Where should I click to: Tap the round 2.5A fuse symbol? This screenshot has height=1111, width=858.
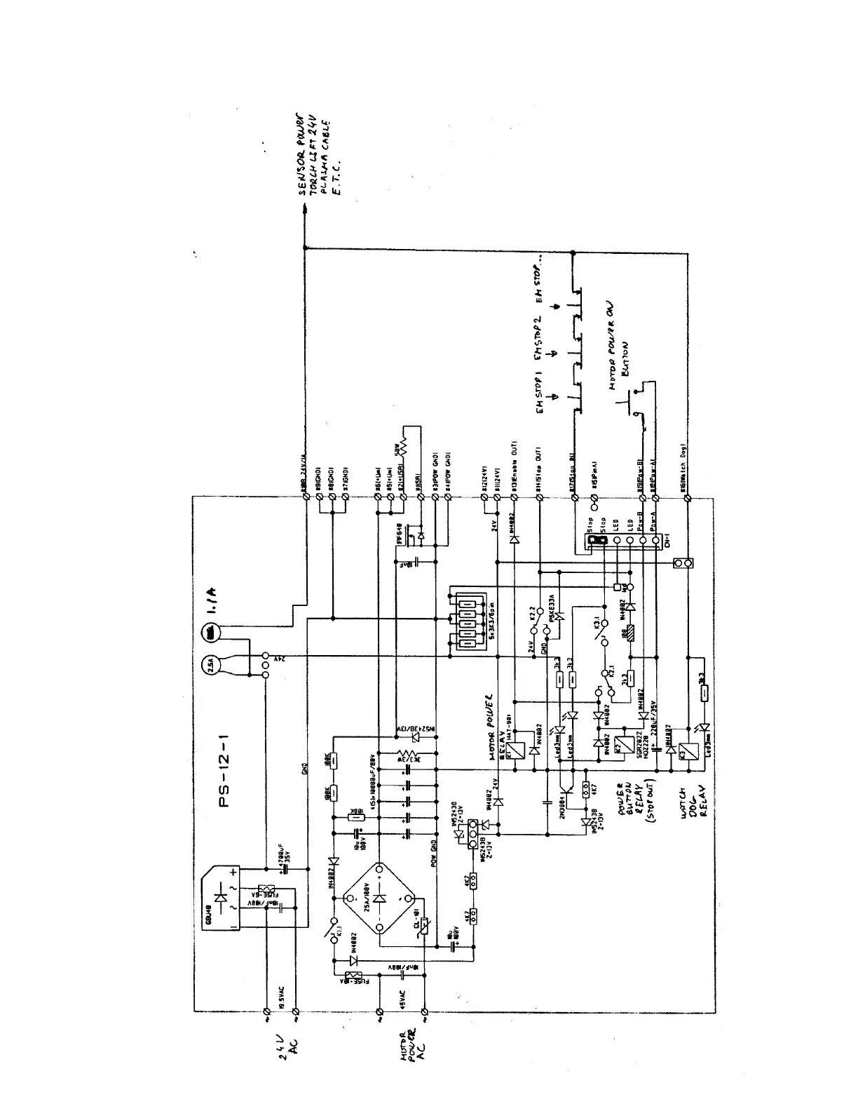point(211,663)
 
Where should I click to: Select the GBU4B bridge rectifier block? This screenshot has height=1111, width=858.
point(222,898)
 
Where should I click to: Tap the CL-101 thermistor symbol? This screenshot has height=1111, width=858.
point(421,927)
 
